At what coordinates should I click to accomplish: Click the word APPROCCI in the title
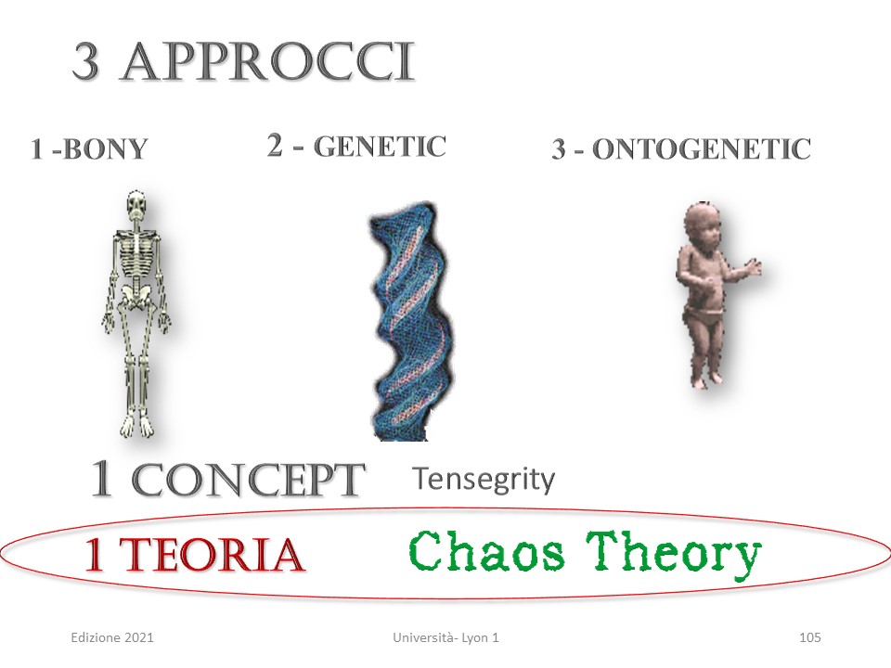268,62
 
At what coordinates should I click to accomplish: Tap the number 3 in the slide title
86,62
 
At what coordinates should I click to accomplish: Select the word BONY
105,149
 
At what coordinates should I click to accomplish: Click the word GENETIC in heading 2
380,147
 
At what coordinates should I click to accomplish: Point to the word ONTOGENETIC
702,149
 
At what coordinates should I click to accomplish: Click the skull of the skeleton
136,206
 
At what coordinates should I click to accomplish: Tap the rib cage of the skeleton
136,250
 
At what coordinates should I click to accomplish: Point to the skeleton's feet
136,426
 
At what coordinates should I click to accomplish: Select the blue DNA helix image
410,321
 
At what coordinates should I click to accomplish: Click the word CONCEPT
249,481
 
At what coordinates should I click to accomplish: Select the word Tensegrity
484,479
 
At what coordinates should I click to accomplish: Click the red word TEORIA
212,555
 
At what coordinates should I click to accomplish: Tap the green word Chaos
486,551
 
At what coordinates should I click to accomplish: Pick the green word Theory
673,555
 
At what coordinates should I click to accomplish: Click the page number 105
809,637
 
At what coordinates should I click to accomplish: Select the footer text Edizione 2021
112,637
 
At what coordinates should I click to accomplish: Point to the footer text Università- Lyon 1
445,637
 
